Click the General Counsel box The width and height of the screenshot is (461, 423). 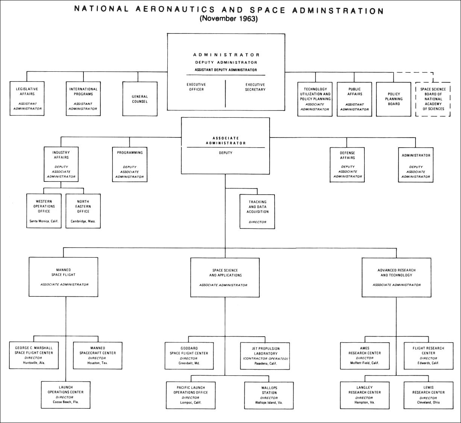(x=140, y=99)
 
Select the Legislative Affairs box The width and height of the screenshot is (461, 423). (x=27, y=99)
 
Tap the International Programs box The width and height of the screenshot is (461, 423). (x=83, y=99)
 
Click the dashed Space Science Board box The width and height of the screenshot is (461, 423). (x=433, y=99)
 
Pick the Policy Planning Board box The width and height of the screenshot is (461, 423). (x=394, y=99)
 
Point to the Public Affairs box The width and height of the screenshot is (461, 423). (x=355, y=99)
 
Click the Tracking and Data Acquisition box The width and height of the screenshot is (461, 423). (x=258, y=211)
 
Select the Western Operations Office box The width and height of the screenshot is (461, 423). (x=44, y=211)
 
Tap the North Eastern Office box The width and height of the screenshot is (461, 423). (x=83, y=211)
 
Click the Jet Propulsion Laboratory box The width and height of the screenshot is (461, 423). (x=265, y=355)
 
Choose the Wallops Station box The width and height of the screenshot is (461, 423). (x=269, y=395)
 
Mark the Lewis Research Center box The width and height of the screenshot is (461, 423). (x=428, y=395)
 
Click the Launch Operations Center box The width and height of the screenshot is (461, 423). (x=66, y=394)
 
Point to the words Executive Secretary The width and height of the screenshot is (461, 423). (x=255, y=87)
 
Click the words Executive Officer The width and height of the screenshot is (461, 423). (x=196, y=87)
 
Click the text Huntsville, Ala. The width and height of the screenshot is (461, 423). (x=34, y=363)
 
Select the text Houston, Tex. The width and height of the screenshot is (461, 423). (x=98, y=363)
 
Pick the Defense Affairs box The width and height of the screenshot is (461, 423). (x=347, y=165)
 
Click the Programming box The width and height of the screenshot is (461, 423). (x=130, y=165)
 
